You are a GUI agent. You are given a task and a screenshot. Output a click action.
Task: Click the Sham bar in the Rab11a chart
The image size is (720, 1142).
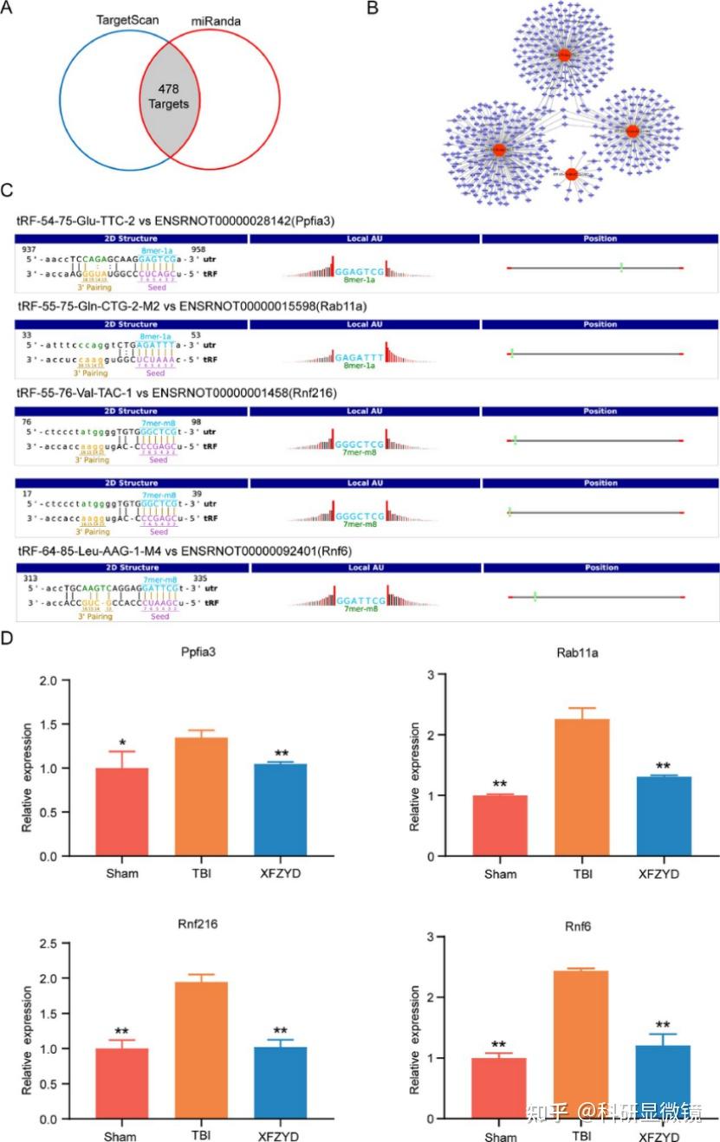coord(500,826)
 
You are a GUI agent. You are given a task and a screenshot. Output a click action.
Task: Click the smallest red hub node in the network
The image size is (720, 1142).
coord(571,174)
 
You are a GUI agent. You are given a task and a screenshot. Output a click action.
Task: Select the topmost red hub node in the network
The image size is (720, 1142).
coord(564,55)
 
